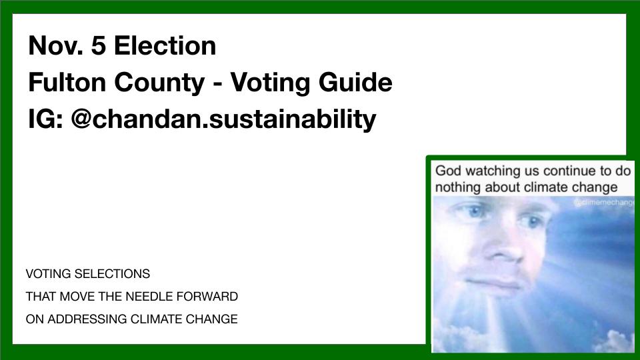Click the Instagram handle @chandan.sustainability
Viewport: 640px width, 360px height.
click(x=223, y=119)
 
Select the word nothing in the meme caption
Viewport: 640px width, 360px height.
click(x=458, y=187)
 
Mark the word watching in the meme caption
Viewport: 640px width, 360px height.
click(x=498, y=170)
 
